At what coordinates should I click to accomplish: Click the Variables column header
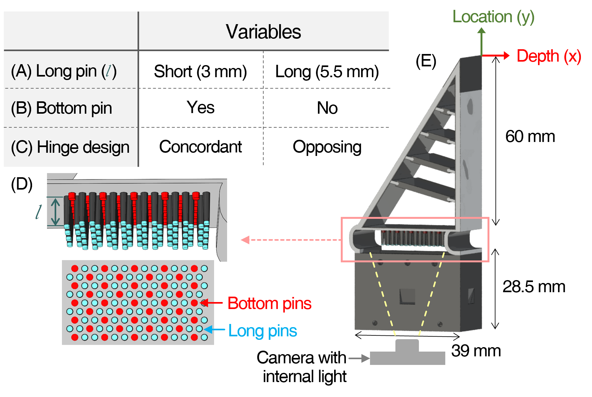pos(263,31)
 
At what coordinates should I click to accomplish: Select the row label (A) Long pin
pos(64,71)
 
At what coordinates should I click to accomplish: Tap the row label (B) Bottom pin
pos(61,108)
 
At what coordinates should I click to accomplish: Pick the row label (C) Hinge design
pos(70,147)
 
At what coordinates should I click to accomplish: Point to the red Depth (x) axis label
pos(548,56)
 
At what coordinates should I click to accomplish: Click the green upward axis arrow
pos(482,41)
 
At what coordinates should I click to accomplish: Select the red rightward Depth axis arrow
pos(497,56)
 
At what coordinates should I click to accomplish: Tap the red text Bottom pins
pos(269,303)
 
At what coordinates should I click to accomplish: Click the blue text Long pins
pos(263,331)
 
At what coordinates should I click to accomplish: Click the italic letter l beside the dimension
pos(39,212)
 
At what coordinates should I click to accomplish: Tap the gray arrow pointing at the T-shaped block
pos(359,359)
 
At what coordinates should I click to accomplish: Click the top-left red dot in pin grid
pos(75,268)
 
